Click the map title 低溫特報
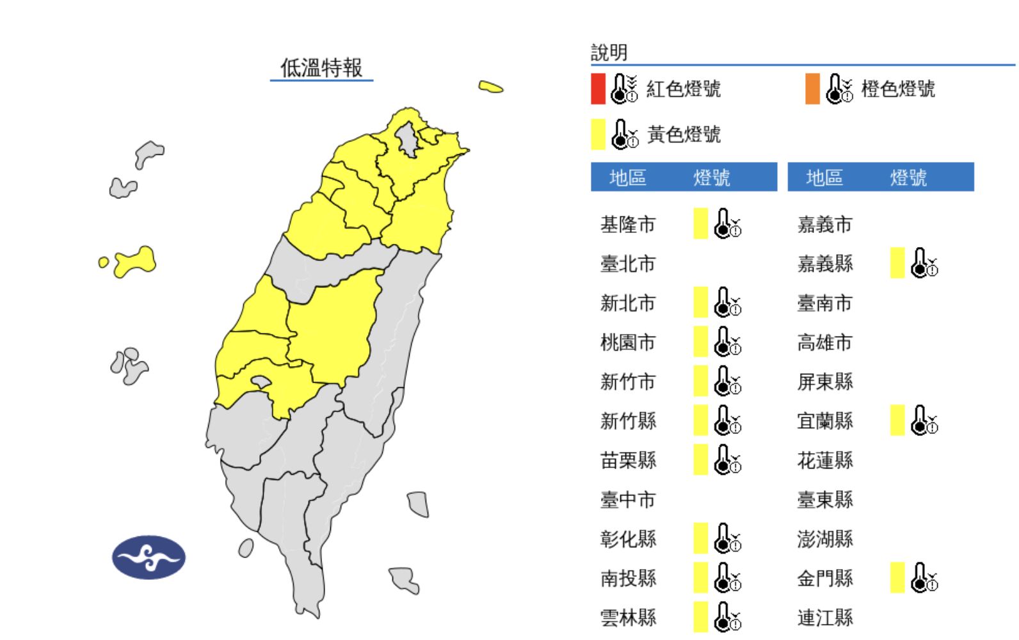click(x=321, y=67)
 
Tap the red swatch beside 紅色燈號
click(x=598, y=88)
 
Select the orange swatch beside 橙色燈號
click(x=812, y=88)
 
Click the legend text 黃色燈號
click(x=684, y=134)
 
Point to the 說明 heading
click(x=609, y=52)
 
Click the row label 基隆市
click(x=628, y=225)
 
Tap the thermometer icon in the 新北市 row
click(x=727, y=302)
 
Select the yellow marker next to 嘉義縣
click(x=897, y=263)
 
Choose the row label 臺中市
click(x=628, y=500)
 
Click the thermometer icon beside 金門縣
click(x=924, y=577)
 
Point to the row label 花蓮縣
click(x=825, y=460)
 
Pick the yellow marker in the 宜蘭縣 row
click(x=897, y=420)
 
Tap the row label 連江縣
click(x=825, y=618)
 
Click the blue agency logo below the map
click(x=148, y=557)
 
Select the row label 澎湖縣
click(x=825, y=539)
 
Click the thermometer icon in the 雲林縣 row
click(x=727, y=617)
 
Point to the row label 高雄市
click(x=825, y=342)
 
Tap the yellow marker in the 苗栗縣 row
click(x=701, y=460)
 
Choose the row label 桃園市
click(x=628, y=342)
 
